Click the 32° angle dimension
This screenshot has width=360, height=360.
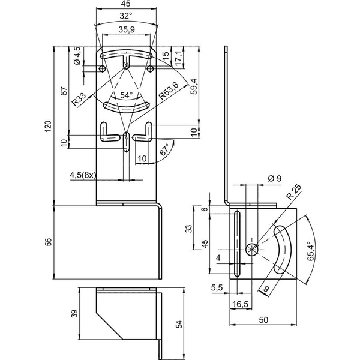click(x=126, y=16)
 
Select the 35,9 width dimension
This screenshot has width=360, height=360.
click(x=126, y=29)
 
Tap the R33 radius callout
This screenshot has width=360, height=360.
click(x=78, y=99)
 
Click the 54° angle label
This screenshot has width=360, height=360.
click(x=126, y=95)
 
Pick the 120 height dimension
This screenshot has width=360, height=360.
click(x=48, y=126)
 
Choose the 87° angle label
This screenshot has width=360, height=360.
click(x=164, y=149)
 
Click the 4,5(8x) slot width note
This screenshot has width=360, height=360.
click(x=83, y=175)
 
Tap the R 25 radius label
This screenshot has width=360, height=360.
click(x=293, y=193)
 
